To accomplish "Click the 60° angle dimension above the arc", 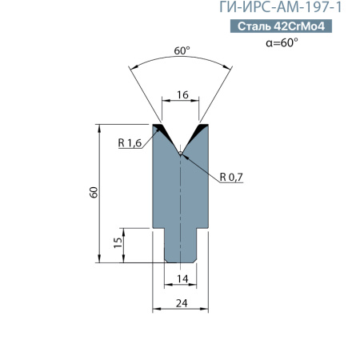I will tap(182, 50).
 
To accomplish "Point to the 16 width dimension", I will tap(182, 94).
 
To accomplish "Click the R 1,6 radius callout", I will tap(129, 143).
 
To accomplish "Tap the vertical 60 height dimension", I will tap(93, 193).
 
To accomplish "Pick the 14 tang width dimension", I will tap(182, 278).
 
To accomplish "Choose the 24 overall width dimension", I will tap(182, 302).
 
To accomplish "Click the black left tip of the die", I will tap(159, 128).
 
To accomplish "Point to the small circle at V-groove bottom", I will tap(182, 153).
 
